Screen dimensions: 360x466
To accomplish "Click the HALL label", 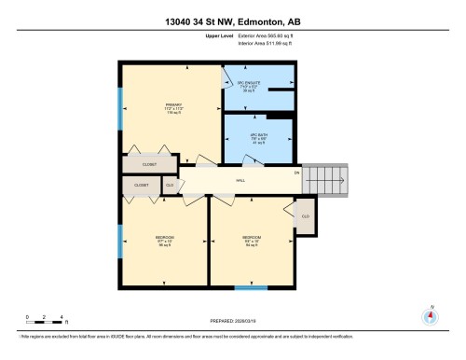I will (240, 179).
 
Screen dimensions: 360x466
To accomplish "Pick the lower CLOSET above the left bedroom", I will (141, 186).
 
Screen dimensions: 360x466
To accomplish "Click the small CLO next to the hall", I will (170, 186).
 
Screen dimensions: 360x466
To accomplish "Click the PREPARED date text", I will (233, 323).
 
